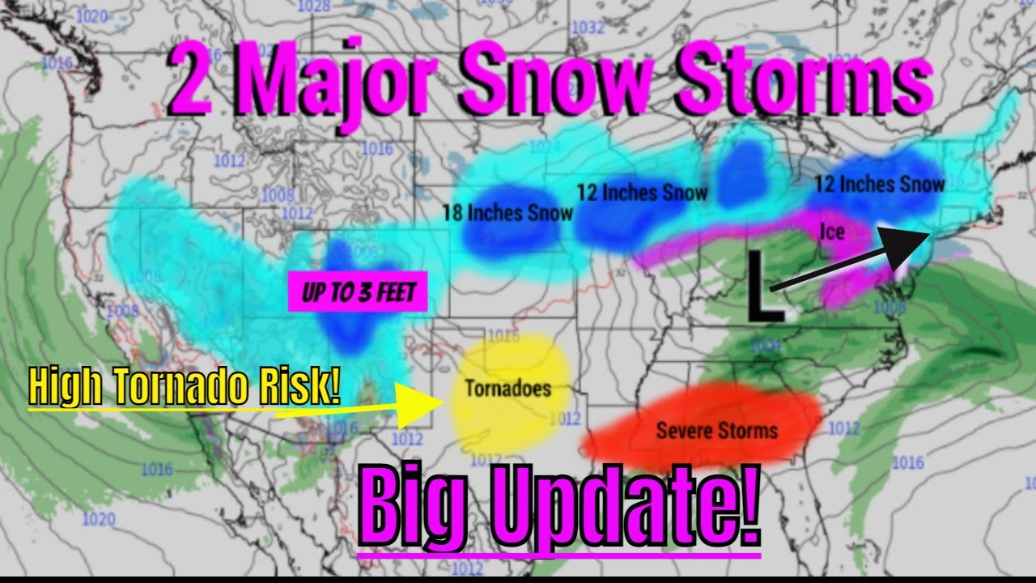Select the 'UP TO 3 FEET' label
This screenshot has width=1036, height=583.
[x=357, y=291]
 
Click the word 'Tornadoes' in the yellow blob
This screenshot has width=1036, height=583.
[x=507, y=389]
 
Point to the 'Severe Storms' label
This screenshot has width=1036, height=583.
[x=716, y=430]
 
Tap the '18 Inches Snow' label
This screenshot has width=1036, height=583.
[x=507, y=213]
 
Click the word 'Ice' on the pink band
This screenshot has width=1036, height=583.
[x=832, y=232]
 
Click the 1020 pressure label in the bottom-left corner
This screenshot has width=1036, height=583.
[x=98, y=519]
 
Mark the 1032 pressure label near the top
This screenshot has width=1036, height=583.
[x=588, y=28]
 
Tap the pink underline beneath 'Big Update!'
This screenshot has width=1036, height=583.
[x=558, y=555]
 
